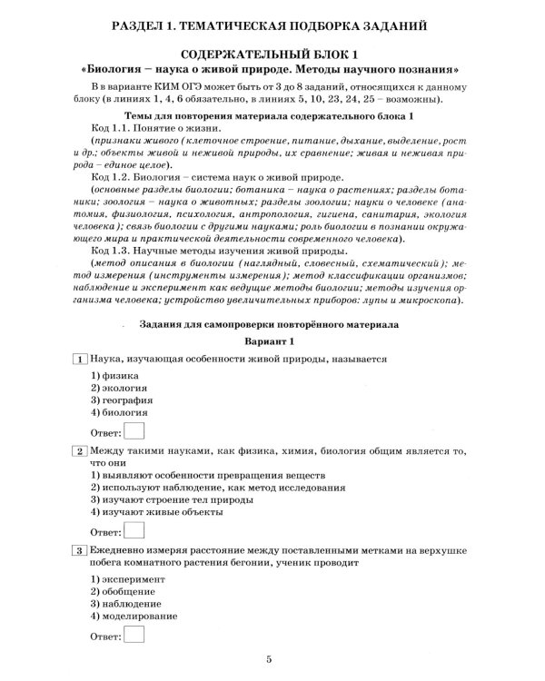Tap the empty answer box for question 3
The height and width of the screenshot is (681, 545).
tap(134, 638)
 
